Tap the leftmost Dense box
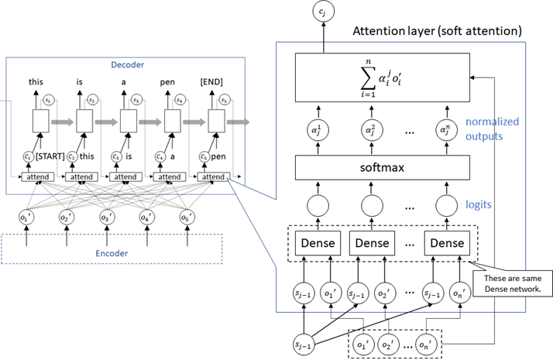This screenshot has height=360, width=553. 318,242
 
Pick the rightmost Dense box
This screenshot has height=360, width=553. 447,242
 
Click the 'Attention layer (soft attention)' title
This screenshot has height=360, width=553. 437,32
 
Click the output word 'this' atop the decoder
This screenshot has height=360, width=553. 36,81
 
